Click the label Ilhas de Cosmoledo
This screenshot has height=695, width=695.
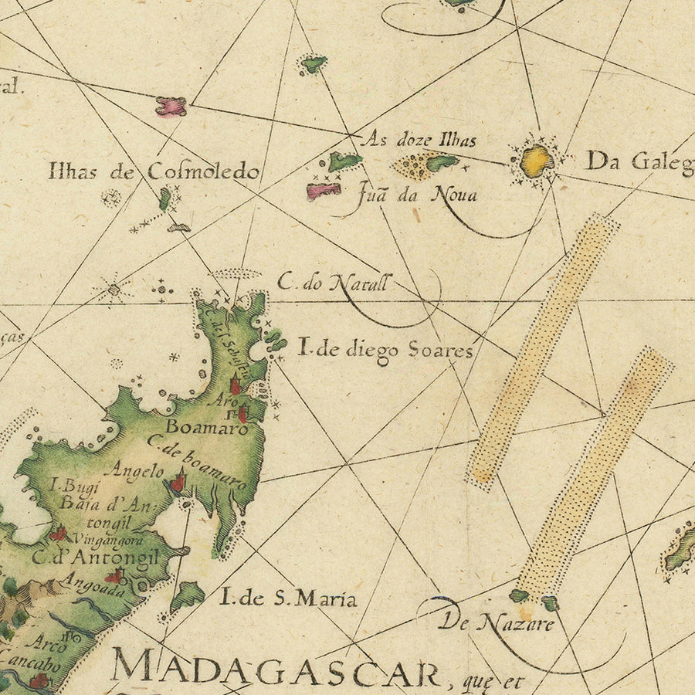153,171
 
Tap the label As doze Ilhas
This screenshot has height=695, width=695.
419,140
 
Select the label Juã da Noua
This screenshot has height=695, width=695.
417,194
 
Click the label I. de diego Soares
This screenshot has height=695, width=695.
385,350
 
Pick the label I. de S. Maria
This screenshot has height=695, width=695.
288,597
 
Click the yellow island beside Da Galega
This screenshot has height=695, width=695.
536,161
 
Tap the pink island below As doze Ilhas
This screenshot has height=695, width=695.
324,191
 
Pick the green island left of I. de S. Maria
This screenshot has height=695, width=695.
187,596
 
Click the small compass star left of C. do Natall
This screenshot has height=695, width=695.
114,290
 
